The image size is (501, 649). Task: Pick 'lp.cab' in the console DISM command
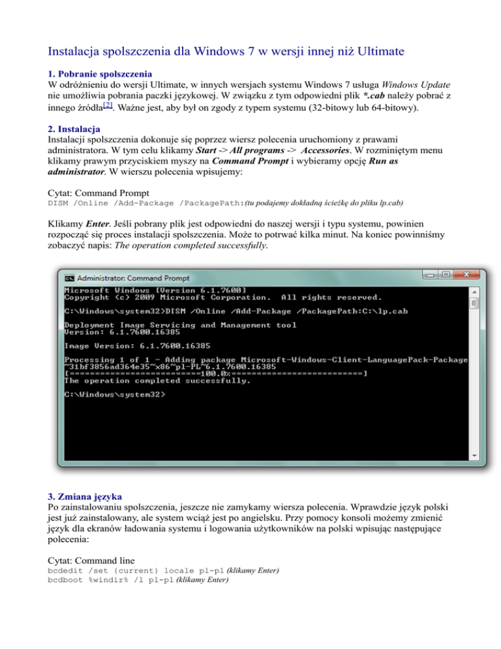393,311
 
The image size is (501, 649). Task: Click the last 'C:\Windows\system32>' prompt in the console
115,395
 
